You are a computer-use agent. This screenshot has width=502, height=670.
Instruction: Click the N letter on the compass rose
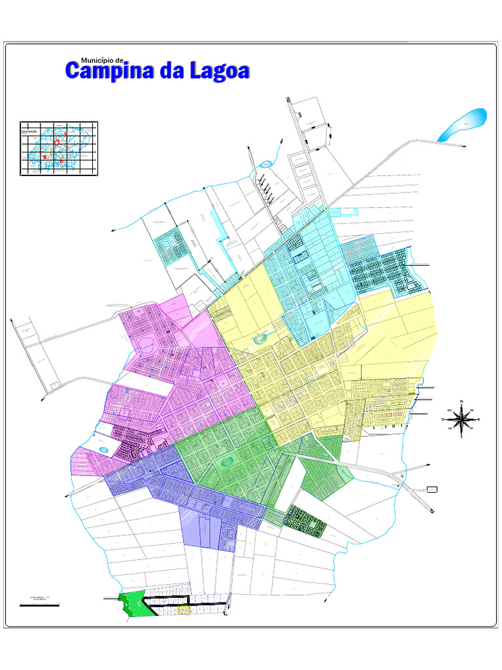point(461,401)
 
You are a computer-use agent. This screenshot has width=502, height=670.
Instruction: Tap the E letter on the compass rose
point(478,419)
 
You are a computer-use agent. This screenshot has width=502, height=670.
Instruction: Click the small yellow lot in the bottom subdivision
point(184,610)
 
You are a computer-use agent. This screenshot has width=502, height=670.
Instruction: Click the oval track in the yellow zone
point(261,338)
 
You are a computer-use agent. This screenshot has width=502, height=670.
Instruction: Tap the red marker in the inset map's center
point(57,142)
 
